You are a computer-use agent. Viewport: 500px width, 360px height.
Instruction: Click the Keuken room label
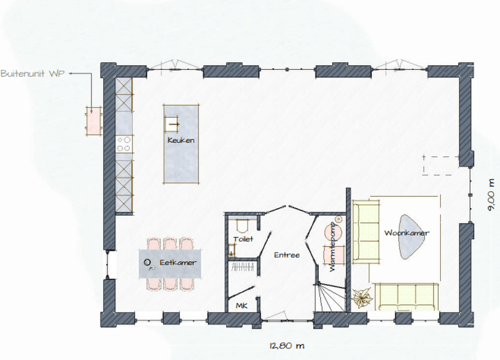tap(181, 140)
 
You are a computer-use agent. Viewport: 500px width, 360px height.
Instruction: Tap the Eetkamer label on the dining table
tap(178, 262)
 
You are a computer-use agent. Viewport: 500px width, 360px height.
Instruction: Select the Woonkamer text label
tap(407, 233)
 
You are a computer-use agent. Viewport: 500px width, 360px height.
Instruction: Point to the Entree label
tap(287, 255)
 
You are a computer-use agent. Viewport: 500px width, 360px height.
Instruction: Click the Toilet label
tap(243, 239)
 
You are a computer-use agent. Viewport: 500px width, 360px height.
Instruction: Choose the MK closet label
tap(241, 305)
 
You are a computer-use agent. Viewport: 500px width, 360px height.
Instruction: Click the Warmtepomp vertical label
tap(333, 247)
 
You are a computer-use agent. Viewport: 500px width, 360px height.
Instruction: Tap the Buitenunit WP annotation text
tap(33, 73)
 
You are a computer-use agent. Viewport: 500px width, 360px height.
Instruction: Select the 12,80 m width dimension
tap(287, 346)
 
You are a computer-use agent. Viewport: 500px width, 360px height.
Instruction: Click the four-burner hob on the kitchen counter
tap(124, 144)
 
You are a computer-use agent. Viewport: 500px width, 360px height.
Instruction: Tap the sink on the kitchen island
tap(172, 124)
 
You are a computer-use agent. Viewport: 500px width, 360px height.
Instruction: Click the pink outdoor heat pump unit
tap(93, 121)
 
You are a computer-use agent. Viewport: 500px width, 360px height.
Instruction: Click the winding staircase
tap(330, 297)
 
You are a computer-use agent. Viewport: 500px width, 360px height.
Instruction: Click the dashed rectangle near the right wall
tap(441, 166)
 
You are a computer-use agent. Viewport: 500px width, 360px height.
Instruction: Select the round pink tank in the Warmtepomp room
tap(333, 231)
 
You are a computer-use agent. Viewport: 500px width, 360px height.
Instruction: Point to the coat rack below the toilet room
tap(243, 268)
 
